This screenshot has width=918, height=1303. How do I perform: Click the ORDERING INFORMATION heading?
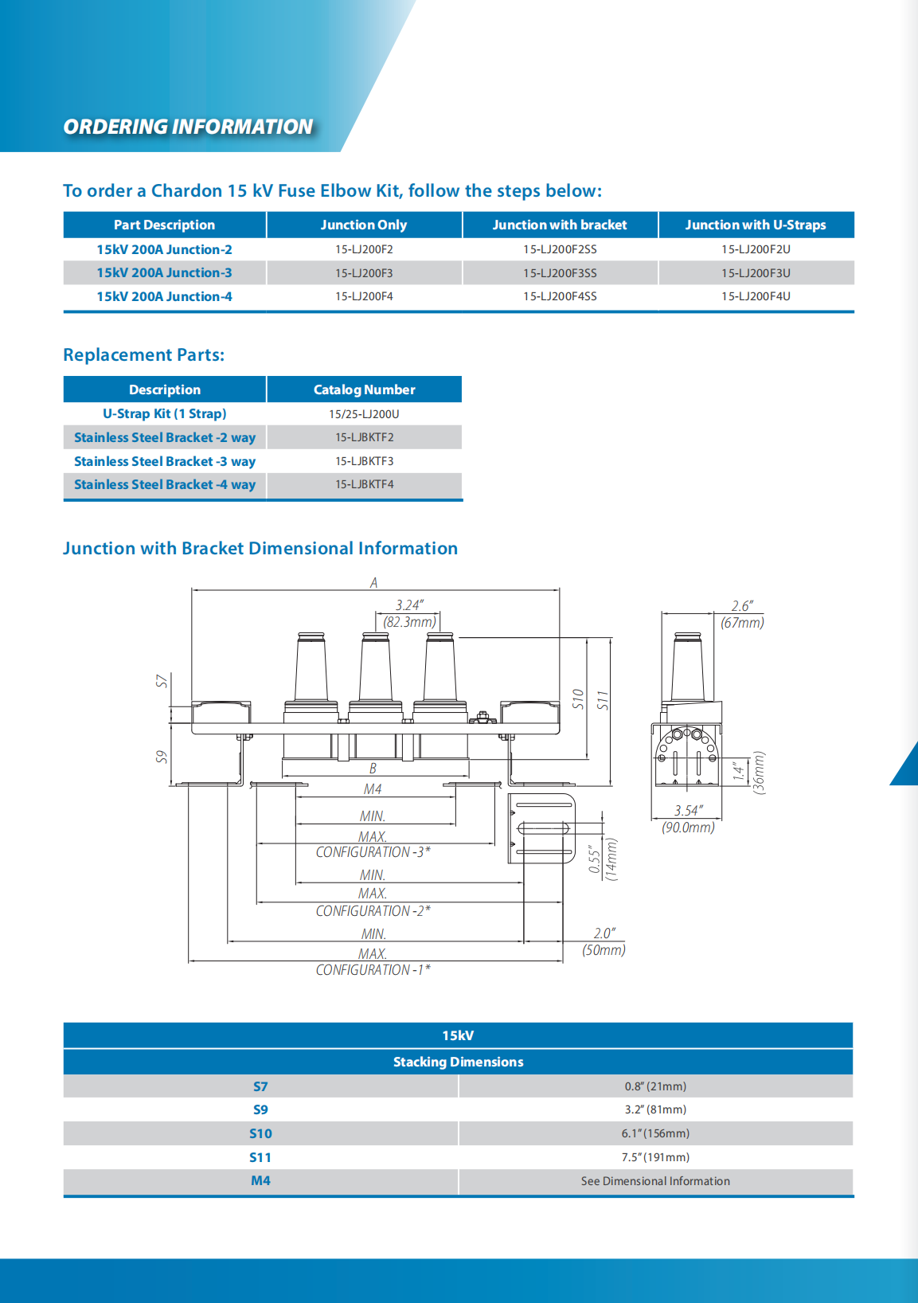tap(188, 127)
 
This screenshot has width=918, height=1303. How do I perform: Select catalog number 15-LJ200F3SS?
tap(560, 273)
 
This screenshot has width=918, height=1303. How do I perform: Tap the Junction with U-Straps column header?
tap(756, 225)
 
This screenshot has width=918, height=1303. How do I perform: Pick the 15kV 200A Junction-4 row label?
tap(164, 296)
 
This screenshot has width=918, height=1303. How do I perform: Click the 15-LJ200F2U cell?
tap(756, 249)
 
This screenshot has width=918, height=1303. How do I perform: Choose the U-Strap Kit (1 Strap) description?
tap(164, 413)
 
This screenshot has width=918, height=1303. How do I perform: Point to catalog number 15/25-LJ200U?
tap(364, 414)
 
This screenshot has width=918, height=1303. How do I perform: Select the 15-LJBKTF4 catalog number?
tap(364, 484)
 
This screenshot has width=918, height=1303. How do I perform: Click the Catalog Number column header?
tap(364, 389)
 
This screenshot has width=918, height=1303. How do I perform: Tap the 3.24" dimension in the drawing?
tap(409, 605)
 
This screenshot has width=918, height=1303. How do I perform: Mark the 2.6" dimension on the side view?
tap(741, 606)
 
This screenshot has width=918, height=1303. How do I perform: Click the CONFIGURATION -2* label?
tap(373, 911)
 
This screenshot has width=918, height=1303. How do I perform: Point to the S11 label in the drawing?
tap(603, 701)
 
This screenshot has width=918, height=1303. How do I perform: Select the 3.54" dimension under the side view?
tap(687, 811)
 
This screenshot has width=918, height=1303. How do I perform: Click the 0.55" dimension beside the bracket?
tap(594, 859)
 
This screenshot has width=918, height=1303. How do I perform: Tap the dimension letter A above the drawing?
tap(373, 582)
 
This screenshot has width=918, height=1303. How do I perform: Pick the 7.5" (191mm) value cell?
tap(655, 1157)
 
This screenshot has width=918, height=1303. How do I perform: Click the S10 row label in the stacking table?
tap(260, 1133)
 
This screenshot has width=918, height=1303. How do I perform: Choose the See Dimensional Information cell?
tap(655, 1181)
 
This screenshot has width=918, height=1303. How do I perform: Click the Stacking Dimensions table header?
tap(458, 1062)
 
